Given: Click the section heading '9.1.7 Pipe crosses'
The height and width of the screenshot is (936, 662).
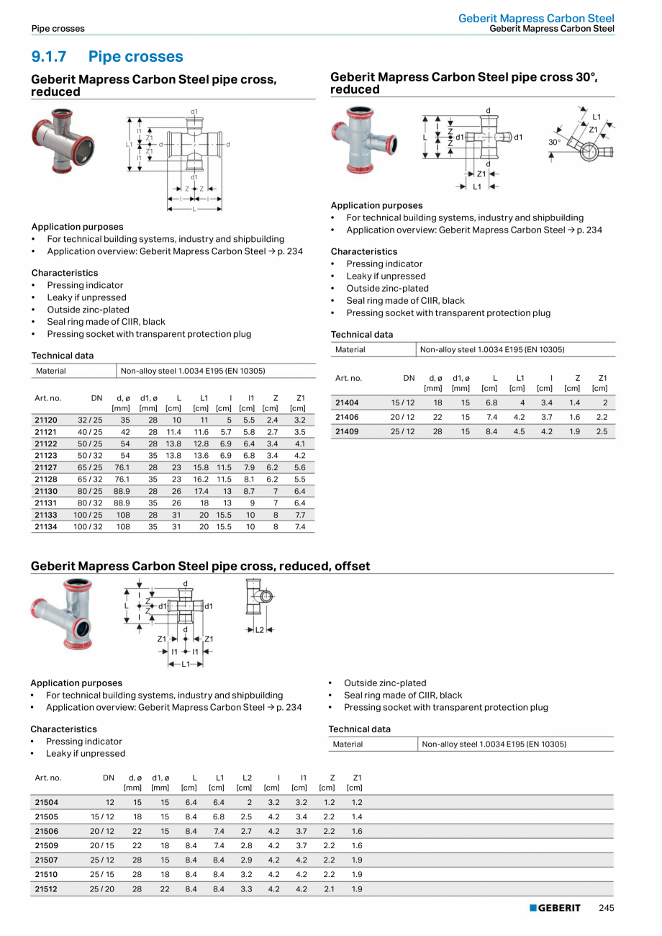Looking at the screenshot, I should [x=107, y=57].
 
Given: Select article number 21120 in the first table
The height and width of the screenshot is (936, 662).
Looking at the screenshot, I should [x=47, y=418].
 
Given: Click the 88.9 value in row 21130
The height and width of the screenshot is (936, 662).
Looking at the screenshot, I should [x=122, y=491].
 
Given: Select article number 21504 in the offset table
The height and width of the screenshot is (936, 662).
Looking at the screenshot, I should [x=47, y=801].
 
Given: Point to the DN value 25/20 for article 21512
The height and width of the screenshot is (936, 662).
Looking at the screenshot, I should [x=101, y=889].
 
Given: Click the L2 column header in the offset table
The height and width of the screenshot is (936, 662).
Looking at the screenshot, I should [x=246, y=778].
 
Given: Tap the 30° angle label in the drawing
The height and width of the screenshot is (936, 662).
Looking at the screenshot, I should [x=554, y=143].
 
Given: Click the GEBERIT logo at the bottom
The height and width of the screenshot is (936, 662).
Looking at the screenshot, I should [x=555, y=908].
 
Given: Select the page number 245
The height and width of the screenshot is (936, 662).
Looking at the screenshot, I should [x=606, y=908].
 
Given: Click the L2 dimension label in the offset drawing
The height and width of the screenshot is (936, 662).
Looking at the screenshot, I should [x=260, y=629].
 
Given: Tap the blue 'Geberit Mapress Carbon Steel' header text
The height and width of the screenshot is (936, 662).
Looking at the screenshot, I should [x=536, y=18].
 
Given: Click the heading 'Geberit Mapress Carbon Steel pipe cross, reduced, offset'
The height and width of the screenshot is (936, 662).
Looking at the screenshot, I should [x=200, y=566].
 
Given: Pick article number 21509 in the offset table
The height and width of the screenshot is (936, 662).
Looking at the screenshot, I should [x=47, y=845].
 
